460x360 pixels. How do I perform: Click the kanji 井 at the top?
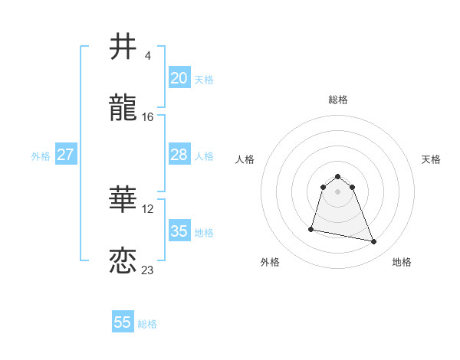123,47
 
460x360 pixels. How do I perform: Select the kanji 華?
123,200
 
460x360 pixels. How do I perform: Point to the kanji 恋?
123,260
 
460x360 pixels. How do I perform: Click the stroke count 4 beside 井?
147,56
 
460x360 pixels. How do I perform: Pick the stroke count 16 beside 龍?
147,116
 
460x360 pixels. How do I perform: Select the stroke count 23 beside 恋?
147,270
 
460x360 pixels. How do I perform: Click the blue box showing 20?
179,78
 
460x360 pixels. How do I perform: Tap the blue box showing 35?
179,231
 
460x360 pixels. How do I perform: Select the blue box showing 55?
123,322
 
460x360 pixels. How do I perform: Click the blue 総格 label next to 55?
147,324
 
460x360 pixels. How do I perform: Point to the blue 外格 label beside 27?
41,156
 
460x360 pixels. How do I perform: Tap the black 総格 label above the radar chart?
338,100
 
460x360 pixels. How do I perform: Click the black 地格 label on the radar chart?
402,262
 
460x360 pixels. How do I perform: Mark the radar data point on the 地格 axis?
374,242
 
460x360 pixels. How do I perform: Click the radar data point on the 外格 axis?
311,228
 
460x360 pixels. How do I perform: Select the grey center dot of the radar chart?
338,191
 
